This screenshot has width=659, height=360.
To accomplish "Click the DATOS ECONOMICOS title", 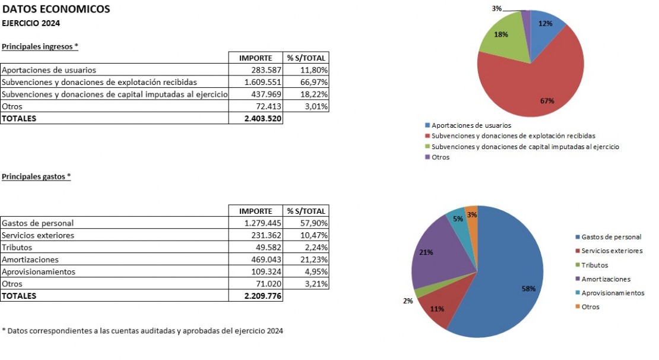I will tap(56, 9).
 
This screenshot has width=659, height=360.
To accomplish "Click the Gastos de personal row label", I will tap(38, 223).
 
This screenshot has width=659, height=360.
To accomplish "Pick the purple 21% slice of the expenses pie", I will tap(439, 255).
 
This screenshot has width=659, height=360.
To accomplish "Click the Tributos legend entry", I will tap(594, 265).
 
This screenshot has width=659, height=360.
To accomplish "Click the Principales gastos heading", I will tap(36, 176).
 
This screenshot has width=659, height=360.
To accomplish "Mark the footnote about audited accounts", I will tap(142, 331).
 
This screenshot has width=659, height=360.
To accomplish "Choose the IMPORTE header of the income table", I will tap(255, 58).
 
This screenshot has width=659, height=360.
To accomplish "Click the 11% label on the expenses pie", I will tap(438, 309).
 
